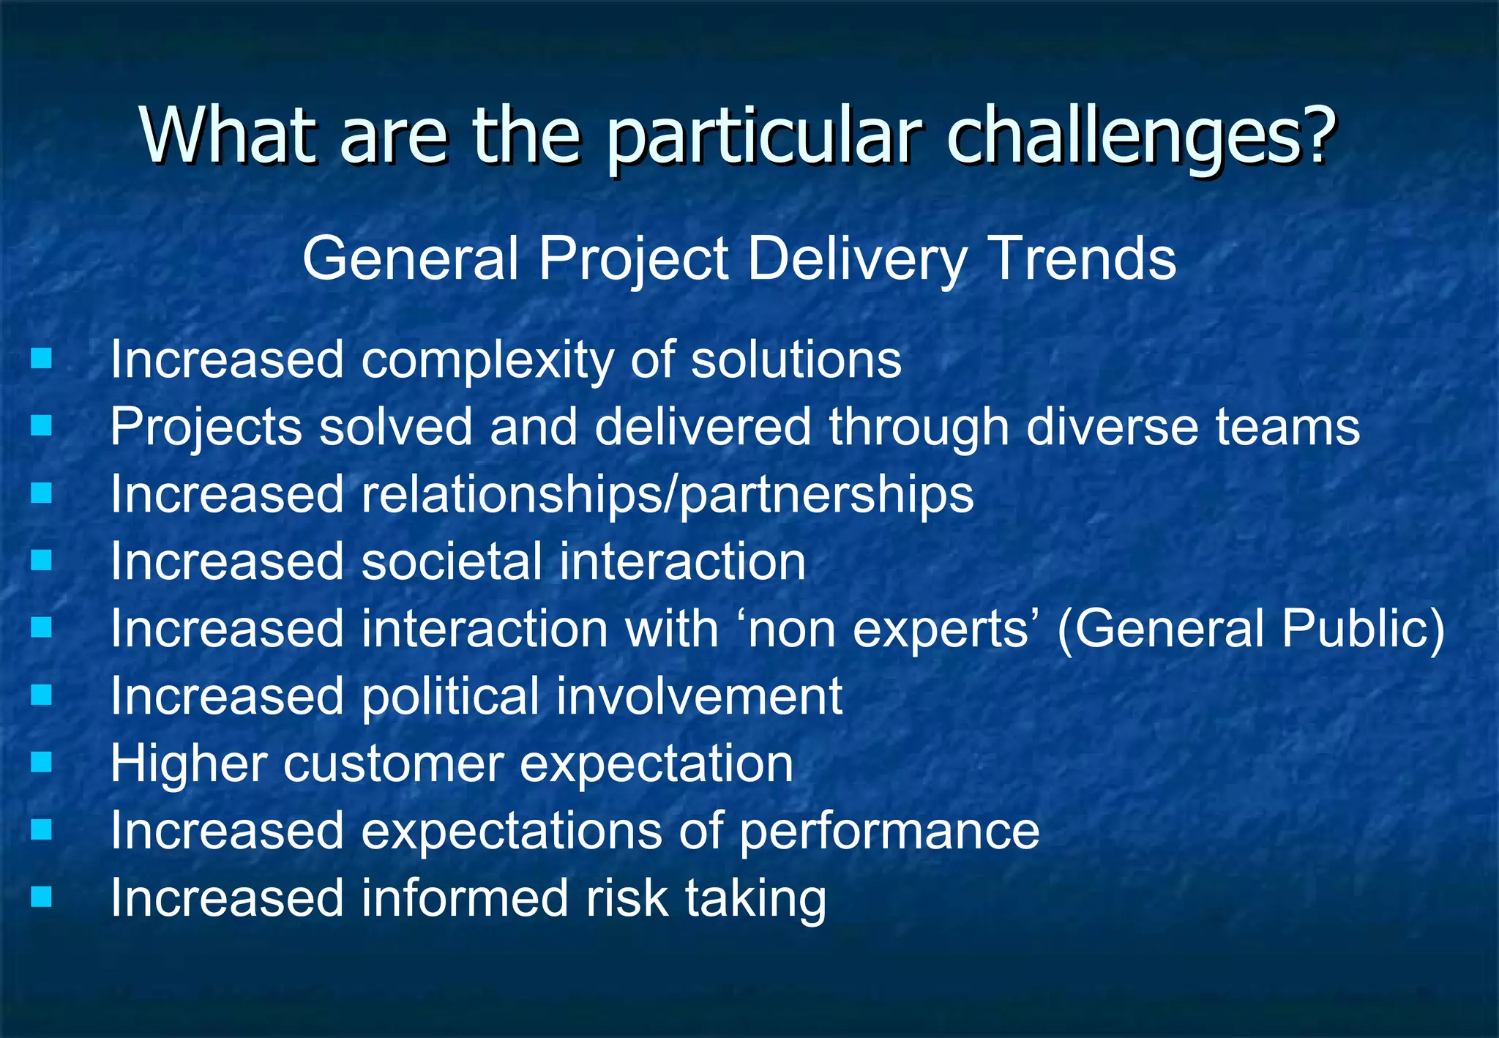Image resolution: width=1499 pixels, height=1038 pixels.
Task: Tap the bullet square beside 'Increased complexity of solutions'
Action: pyautogui.click(x=42, y=359)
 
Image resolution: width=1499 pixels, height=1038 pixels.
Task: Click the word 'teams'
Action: pyautogui.click(x=1287, y=427)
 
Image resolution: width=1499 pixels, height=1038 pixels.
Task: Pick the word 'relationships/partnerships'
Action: pyautogui.click(x=667, y=495)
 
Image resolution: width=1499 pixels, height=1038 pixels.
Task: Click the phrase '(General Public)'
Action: pyautogui.click(x=1251, y=629)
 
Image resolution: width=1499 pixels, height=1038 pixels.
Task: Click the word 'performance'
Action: pyautogui.click(x=889, y=832)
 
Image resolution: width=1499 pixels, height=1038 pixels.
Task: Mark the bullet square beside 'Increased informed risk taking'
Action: pyautogui.click(x=42, y=897)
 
